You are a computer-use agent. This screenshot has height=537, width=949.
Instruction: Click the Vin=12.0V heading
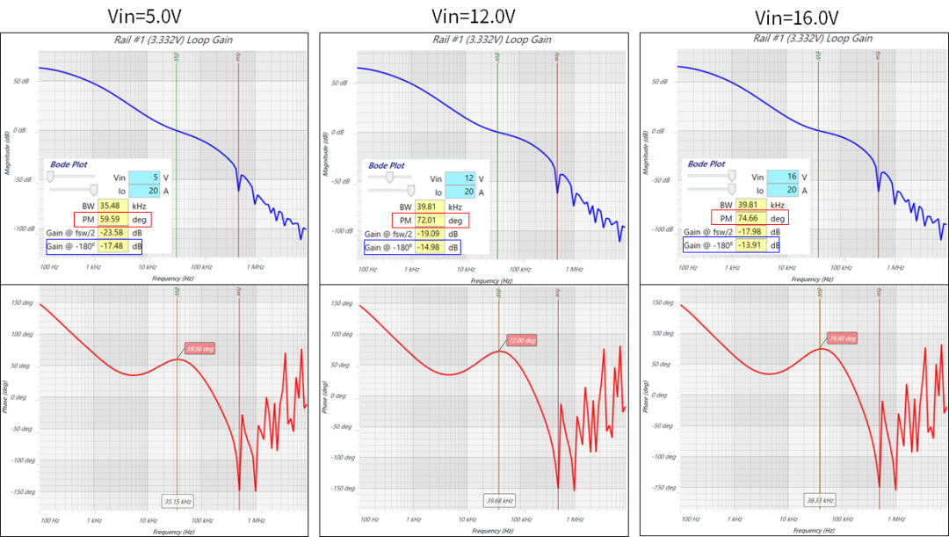coord(474,16)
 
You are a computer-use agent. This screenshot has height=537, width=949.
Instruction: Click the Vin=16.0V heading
coord(797,18)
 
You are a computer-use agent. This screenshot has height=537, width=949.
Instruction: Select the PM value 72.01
coord(433,220)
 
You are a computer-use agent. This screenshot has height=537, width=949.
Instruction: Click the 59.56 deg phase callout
coord(199,348)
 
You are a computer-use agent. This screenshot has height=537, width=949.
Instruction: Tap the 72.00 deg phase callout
coord(520,340)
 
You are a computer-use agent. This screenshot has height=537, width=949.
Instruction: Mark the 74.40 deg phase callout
coord(841,337)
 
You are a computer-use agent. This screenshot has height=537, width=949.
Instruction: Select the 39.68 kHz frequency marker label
coord(499,502)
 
